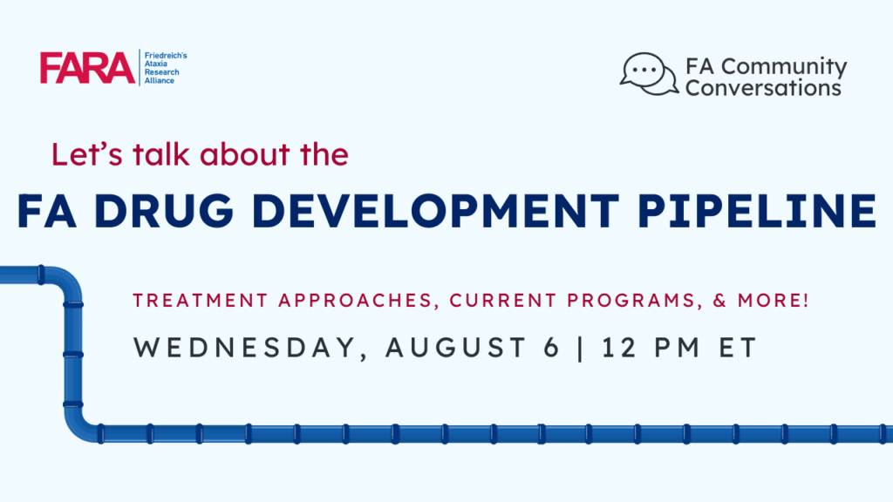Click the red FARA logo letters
[x=87, y=68]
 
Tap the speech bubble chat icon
[x=648, y=75]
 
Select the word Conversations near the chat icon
[x=763, y=88]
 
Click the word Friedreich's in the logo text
[x=165, y=55]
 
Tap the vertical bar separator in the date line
[x=576, y=347]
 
